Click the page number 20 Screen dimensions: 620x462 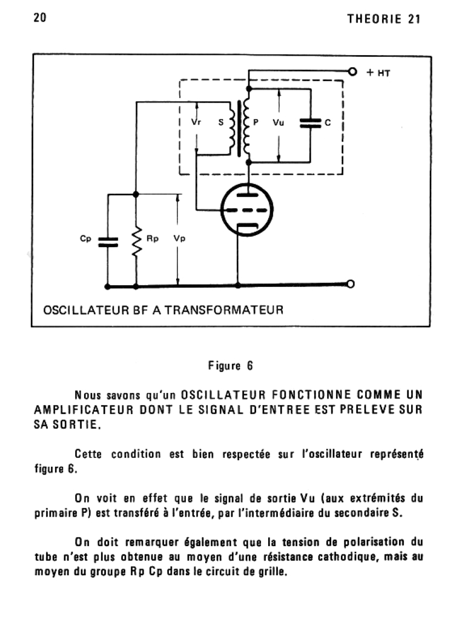[x=40, y=18]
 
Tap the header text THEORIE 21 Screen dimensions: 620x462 [x=384, y=19]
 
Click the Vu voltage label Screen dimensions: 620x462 [x=279, y=122]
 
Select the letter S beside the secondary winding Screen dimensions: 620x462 [x=221, y=122]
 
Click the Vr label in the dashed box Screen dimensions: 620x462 [x=196, y=122]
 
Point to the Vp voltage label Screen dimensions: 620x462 [x=179, y=239]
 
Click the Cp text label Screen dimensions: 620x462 [x=85, y=239]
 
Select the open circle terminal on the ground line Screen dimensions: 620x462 [x=349, y=284]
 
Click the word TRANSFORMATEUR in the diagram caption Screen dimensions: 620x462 [x=223, y=311]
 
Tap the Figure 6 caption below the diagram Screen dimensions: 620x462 [x=230, y=366]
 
